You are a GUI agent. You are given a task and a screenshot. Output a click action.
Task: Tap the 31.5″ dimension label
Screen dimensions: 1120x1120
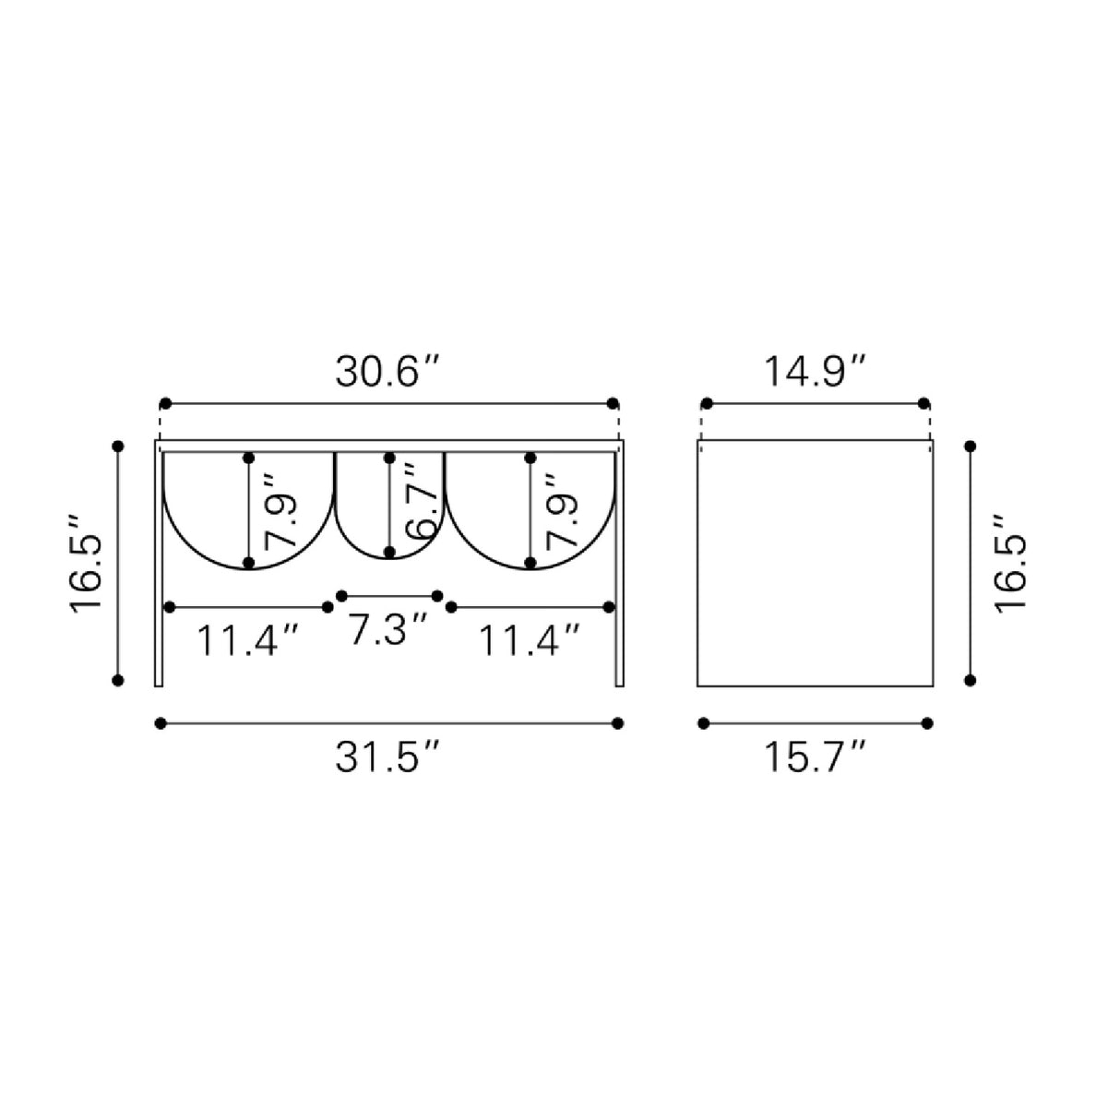click(388, 758)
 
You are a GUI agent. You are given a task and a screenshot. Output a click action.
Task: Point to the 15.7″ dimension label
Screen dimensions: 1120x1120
click(816, 758)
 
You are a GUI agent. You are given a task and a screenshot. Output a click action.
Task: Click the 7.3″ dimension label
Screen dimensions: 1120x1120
click(388, 630)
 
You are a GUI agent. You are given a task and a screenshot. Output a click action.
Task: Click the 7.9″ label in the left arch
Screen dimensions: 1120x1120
click(280, 510)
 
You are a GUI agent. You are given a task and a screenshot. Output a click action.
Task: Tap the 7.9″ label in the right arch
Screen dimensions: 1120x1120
click(561, 510)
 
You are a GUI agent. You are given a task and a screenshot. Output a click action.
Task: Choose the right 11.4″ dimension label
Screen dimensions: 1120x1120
click(530, 639)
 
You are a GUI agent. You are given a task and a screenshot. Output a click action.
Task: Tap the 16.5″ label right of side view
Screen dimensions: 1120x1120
click(1011, 563)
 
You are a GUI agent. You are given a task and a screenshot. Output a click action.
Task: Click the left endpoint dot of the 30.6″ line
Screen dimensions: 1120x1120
click(165, 403)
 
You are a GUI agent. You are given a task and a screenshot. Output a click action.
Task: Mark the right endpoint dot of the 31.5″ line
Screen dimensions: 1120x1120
click(617, 723)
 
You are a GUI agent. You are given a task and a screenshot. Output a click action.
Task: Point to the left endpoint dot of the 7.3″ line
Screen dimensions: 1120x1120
click(341, 596)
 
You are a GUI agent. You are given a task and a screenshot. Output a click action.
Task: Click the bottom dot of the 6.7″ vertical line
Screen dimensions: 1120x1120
click(389, 552)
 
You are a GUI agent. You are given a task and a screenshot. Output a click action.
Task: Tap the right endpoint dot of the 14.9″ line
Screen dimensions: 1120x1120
click(924, 403)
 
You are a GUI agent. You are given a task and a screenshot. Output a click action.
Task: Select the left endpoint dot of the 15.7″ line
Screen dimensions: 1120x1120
click(704, 723)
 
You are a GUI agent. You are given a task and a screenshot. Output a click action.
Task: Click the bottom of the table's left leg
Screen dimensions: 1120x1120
click(159, 683)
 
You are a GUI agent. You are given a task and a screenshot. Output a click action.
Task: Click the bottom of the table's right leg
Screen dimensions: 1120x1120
click(618, 683)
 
